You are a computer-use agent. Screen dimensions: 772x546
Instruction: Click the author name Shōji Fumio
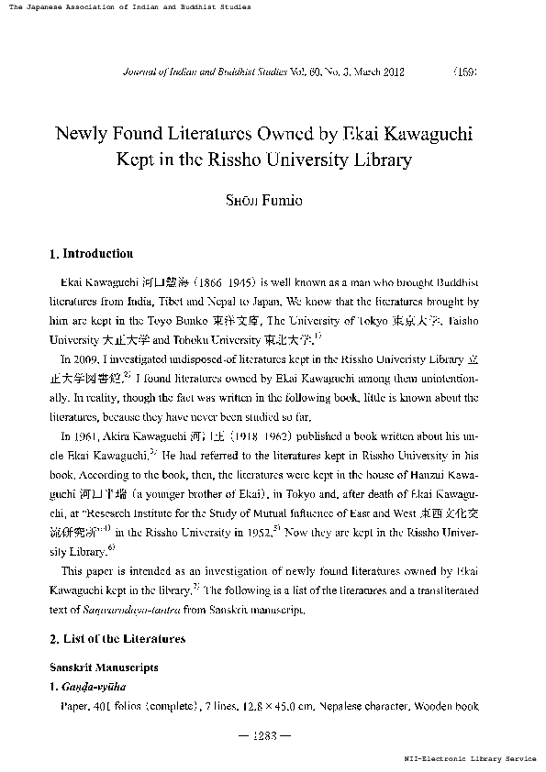272,202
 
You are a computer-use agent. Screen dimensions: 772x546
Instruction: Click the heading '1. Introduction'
91,253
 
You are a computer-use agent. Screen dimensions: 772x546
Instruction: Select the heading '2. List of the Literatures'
117,638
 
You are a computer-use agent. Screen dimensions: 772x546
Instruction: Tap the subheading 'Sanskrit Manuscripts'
104,667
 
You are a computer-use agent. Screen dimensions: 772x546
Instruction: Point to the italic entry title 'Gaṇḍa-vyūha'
92,687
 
